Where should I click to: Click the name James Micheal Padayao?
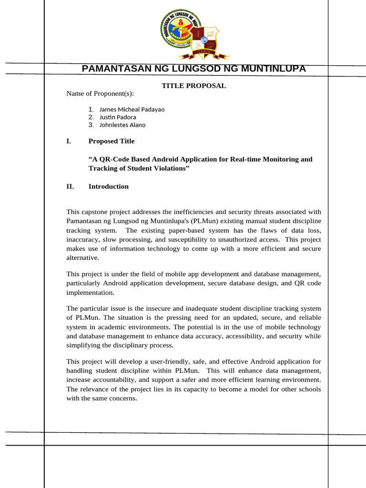[132, 109]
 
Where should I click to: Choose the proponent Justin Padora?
[118, 117]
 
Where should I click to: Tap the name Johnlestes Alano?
[122, 125]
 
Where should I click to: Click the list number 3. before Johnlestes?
[91, 125]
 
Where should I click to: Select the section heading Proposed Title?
[112, 141]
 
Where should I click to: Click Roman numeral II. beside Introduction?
[70, 186]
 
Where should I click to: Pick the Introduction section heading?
[109, 186]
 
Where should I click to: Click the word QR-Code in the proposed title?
[118, 159]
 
